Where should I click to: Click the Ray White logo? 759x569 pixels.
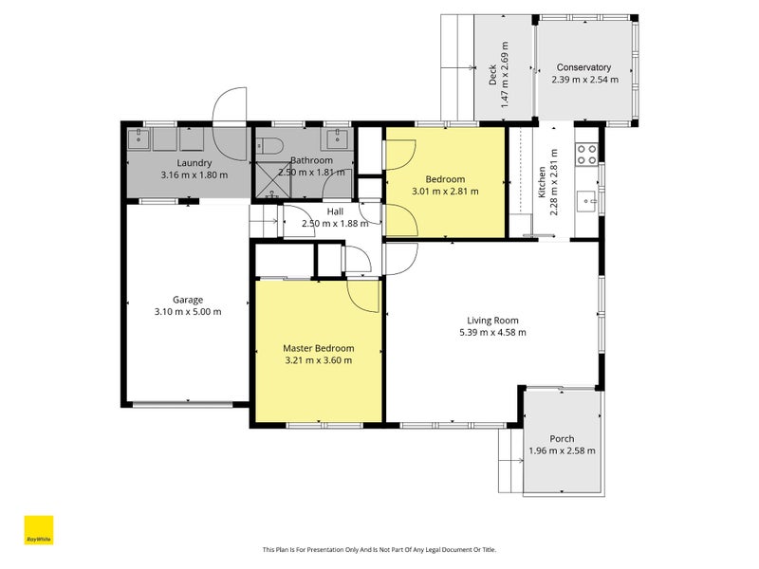(x=38, y=530)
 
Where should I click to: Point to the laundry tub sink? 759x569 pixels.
(x=139, y=139)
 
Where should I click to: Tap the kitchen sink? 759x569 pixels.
(x=589, y=201)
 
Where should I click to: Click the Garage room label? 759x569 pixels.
(x=187, y=300)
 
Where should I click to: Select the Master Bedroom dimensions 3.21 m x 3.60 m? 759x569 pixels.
(x=318, y=360)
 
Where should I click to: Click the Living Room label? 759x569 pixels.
(x=492, y=321)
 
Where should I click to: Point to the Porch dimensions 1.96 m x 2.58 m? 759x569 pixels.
(x=562, y=451)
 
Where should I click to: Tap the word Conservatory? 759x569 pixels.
(x=583, y=67)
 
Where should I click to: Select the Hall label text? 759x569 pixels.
(x=334, y=211)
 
